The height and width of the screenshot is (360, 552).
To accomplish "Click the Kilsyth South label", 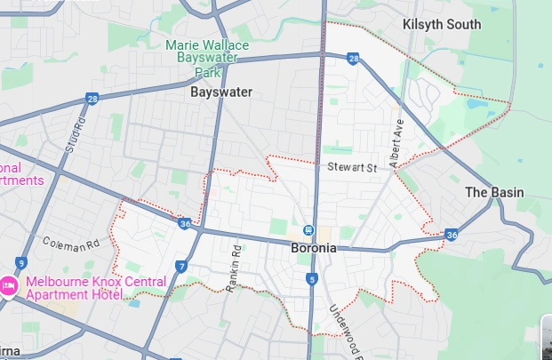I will click(442, 24).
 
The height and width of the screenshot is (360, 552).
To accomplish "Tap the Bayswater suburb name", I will click(221, 92).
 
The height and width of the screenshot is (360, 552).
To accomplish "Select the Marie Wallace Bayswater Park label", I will click(207, 59).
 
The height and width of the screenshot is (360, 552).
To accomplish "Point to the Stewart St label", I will click(352, 166).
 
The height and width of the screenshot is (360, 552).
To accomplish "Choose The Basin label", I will click(494, 192).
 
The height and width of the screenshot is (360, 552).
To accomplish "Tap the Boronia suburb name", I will click(314, 248).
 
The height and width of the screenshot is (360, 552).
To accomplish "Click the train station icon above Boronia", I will click(308, 230).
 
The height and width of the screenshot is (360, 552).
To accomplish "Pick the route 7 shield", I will click(181, 266).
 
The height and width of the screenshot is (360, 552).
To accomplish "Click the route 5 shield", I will click(312, 279).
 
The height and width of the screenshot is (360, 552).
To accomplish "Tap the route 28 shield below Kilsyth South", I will click(354, 59).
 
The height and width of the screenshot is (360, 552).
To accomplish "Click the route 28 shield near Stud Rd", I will click(92, 99).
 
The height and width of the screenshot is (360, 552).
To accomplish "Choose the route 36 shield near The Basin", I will click(452, 236).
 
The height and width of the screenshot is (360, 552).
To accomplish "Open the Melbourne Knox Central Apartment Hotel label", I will click(94, 288).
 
